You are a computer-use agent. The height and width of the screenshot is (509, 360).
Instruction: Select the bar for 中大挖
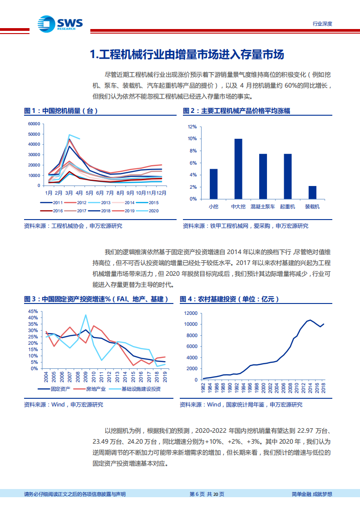[238, 169]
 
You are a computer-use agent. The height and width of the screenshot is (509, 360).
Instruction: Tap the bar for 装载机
[312, 192]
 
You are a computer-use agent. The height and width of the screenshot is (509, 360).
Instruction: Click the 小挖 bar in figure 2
[213, 184]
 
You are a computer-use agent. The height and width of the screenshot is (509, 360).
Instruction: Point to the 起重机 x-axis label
[288, 206]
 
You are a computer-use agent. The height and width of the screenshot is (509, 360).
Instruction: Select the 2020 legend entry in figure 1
[148, 210]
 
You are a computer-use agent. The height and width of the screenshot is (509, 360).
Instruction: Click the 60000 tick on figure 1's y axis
[35, 124]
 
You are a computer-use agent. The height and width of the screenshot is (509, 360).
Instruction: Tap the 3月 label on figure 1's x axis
[69, 192]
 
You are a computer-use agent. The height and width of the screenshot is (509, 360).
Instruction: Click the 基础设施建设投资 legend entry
[136, 389]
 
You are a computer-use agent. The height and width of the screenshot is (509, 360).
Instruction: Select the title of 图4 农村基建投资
[229, 299]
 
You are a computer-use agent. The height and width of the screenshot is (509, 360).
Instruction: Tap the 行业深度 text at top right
[323, 24]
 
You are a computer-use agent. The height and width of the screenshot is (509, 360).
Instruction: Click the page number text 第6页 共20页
[206, 494]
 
